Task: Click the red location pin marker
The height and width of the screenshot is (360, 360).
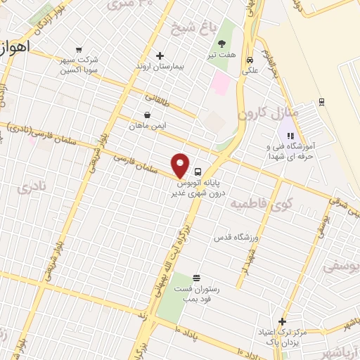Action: point(181,165)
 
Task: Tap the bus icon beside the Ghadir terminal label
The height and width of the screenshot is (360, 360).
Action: point(198,171)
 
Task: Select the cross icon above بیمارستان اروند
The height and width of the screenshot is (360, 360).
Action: point(160,56)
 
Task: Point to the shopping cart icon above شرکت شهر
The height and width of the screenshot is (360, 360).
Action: point(78,49)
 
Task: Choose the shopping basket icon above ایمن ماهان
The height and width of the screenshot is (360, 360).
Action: point(146,115)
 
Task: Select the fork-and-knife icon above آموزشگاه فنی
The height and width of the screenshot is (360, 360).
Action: point(289,135)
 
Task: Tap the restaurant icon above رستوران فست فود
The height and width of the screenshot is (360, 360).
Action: point(196,278)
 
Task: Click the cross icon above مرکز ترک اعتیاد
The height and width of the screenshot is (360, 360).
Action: point(282,321)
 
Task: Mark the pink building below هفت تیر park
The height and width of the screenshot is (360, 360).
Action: point(221,84)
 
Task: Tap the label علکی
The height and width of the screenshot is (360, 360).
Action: point(250,70)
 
